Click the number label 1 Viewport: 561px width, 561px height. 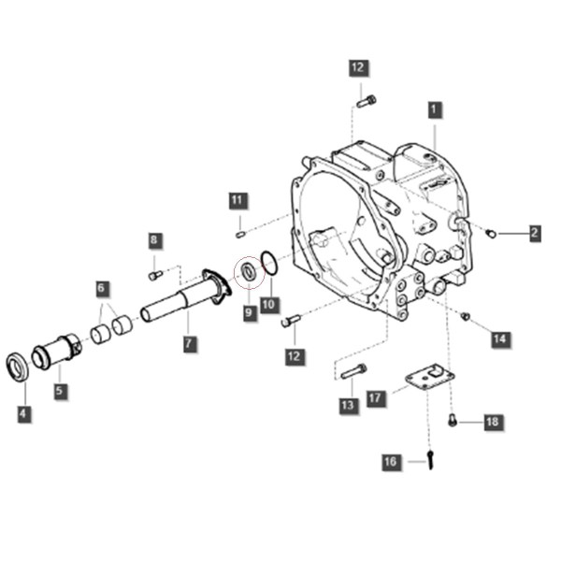coord(435,109)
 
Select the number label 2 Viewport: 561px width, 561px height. coord(535,233)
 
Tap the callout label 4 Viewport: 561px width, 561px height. coord(23,413)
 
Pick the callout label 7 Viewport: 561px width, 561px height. coord(189,344)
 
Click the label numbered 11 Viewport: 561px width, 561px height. coord(237,200)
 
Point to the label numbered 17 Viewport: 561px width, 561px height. coord(376,398)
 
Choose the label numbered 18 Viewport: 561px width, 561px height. coord(493,423)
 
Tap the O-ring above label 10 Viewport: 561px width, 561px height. coord(269,264)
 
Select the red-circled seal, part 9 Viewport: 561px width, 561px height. coord(249,272)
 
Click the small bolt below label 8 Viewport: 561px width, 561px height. coord(155,276)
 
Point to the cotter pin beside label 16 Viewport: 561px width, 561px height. coord(430,459)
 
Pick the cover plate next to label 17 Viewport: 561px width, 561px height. coord(429,377)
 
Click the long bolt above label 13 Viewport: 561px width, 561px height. coord(353,371)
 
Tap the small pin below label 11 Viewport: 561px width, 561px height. coord(240,235)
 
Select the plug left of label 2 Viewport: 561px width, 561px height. coord(491,234)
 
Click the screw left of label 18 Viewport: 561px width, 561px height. coord(453,420)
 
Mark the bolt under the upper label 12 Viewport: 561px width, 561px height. coord(367,101)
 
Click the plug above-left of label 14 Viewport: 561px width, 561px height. coord(465,316)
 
